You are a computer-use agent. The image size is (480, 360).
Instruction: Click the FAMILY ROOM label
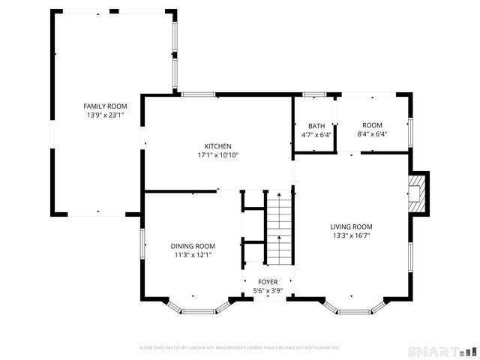(x=105, y=106)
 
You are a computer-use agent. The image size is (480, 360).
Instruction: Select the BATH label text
(x=316, y=126)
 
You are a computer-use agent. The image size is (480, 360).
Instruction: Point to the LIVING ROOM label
(x=351, y=226)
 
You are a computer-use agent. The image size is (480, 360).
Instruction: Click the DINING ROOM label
(x=193, y=246)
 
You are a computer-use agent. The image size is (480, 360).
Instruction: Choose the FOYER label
(x=268, y=282)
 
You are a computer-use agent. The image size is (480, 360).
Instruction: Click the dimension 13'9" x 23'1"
(x=105, y=115)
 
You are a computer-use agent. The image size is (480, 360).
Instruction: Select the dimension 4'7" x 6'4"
(x=316, y=135)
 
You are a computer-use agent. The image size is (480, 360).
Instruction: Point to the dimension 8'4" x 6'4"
(x=372, y=134)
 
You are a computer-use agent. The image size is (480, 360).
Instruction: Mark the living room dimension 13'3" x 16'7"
(x=351, y=235)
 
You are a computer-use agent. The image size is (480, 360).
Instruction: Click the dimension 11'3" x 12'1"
(x=193, y=255)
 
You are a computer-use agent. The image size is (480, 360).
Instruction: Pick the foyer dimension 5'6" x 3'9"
(x=268, y=291)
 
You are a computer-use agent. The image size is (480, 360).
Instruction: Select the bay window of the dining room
(x=199, y=307)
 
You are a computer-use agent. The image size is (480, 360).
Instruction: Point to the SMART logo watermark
(x=442, y=351)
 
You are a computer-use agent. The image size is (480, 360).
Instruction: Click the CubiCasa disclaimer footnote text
(x=240, y=348)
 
